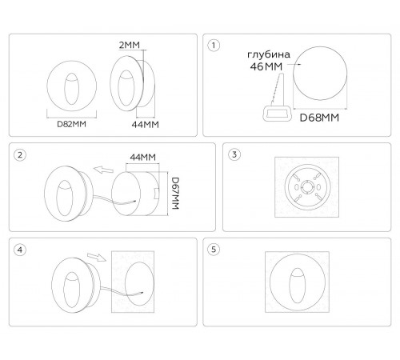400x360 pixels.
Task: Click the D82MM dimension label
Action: pos(71,124)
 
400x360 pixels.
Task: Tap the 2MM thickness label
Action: pos(130,45)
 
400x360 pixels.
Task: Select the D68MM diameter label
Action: pos(319,118)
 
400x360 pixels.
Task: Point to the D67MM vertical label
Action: pos(175,194)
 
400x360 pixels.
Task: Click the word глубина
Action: pos(269,54)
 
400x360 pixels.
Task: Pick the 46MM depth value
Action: pos(266,66)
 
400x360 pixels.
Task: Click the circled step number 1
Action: pos(214,46)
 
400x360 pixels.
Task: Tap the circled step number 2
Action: pos(20,155)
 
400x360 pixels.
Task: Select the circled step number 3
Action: pos(234,154)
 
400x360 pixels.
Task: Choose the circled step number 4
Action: pos(20,250)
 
